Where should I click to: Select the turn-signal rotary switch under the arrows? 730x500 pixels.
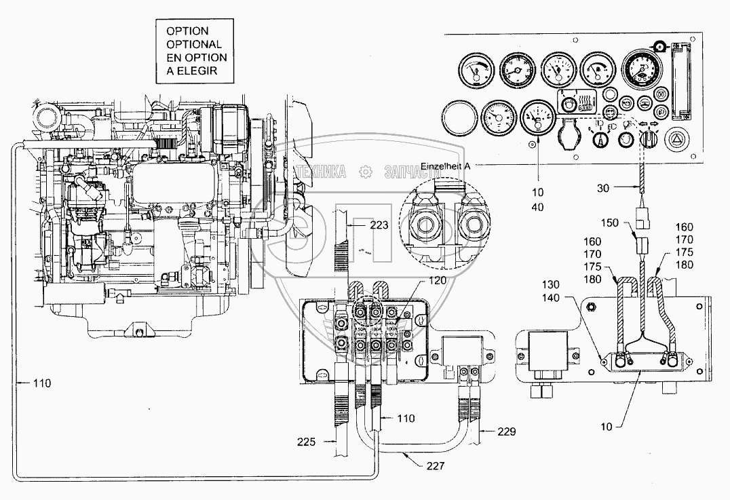[x=649, y=140]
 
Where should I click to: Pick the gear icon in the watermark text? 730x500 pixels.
[x=365, y=172]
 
